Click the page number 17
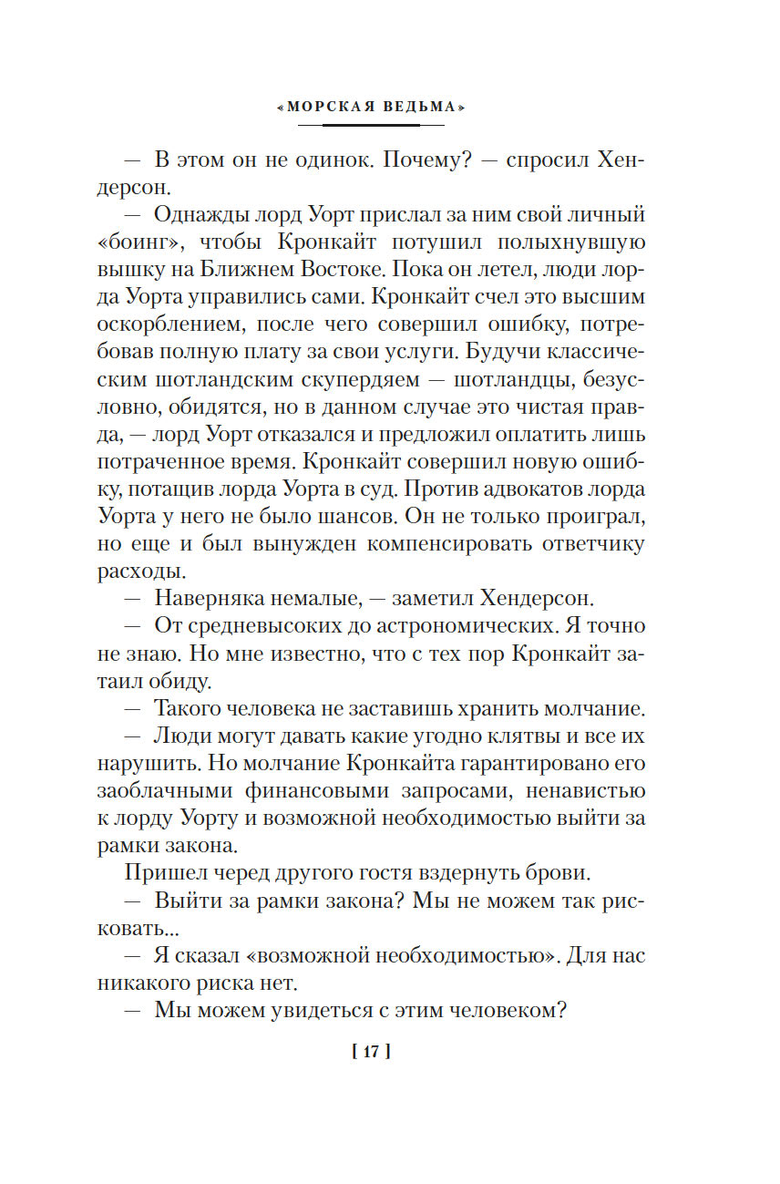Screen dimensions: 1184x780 click(x=370, y=1052)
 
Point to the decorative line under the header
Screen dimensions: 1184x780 click(x=369, y=125)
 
